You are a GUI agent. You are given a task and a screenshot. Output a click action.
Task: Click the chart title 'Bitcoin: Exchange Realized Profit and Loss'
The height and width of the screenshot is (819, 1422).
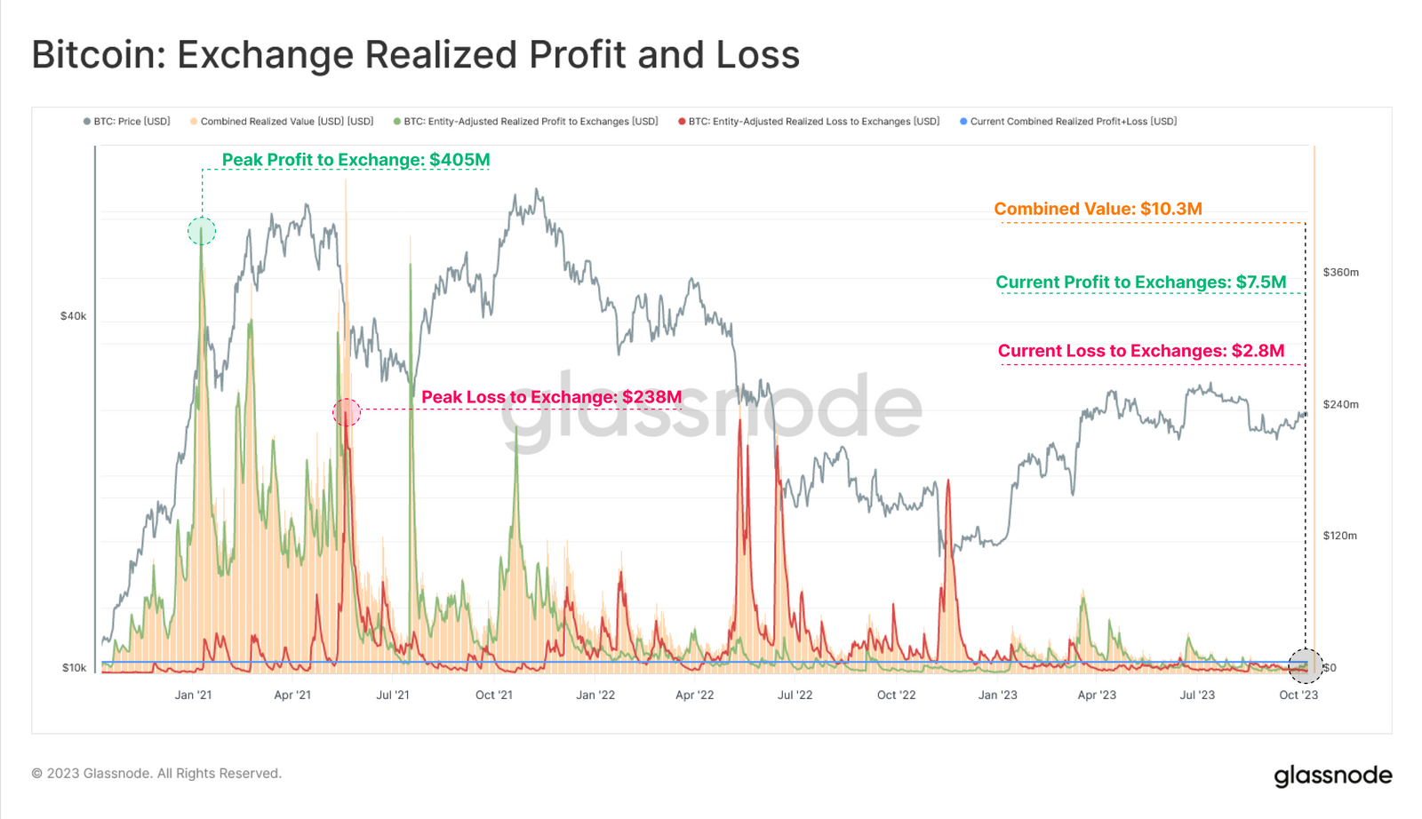pyautogui.click(x=415, y=55)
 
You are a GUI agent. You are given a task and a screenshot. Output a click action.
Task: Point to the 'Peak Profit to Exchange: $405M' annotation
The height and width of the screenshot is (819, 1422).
pyautogui.click(x=355, y=160)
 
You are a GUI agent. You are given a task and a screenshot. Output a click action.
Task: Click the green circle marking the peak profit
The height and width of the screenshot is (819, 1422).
pyautogui.click(x=202, y=232)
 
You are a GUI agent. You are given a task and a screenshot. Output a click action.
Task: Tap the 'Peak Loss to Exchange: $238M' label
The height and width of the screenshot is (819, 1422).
pyautogui.click(x=551, y=397)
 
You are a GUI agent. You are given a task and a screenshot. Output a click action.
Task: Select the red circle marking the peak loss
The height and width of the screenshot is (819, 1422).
pyautogui.click(x=347, y=412)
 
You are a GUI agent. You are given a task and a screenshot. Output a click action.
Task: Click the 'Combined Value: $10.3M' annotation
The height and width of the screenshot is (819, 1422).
pyautogui.click(x=1098, y=209)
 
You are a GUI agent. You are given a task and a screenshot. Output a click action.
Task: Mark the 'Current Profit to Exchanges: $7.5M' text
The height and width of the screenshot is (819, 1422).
pyautogui.click(x=1140, y=282)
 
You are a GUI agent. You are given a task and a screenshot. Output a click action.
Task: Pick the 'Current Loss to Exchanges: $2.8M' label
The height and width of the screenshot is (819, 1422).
pyautogui.click(x=1140, y=351)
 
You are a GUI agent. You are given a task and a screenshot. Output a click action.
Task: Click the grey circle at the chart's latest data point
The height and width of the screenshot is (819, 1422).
pyautogui.click(x=1305, y=666)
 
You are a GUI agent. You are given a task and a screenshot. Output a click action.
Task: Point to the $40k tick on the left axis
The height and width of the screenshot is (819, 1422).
pyautogui.click(x=73, y=316)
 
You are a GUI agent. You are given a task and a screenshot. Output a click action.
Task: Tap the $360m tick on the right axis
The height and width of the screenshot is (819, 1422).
pyautogui.click(x=1340, y=273)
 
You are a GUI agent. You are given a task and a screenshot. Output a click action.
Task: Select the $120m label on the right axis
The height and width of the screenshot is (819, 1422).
pyautogui.click(x=1339, y=536)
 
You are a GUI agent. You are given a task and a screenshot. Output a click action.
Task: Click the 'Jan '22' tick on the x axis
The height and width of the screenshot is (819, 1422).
pyautogui.click(x=595, y=695)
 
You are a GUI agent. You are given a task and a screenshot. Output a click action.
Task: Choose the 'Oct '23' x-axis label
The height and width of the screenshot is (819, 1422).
pyautogui.click(x=1298, y=695)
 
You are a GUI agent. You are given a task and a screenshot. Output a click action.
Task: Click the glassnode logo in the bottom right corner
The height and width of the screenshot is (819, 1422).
pyautogui.click(x=1332, y=775)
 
